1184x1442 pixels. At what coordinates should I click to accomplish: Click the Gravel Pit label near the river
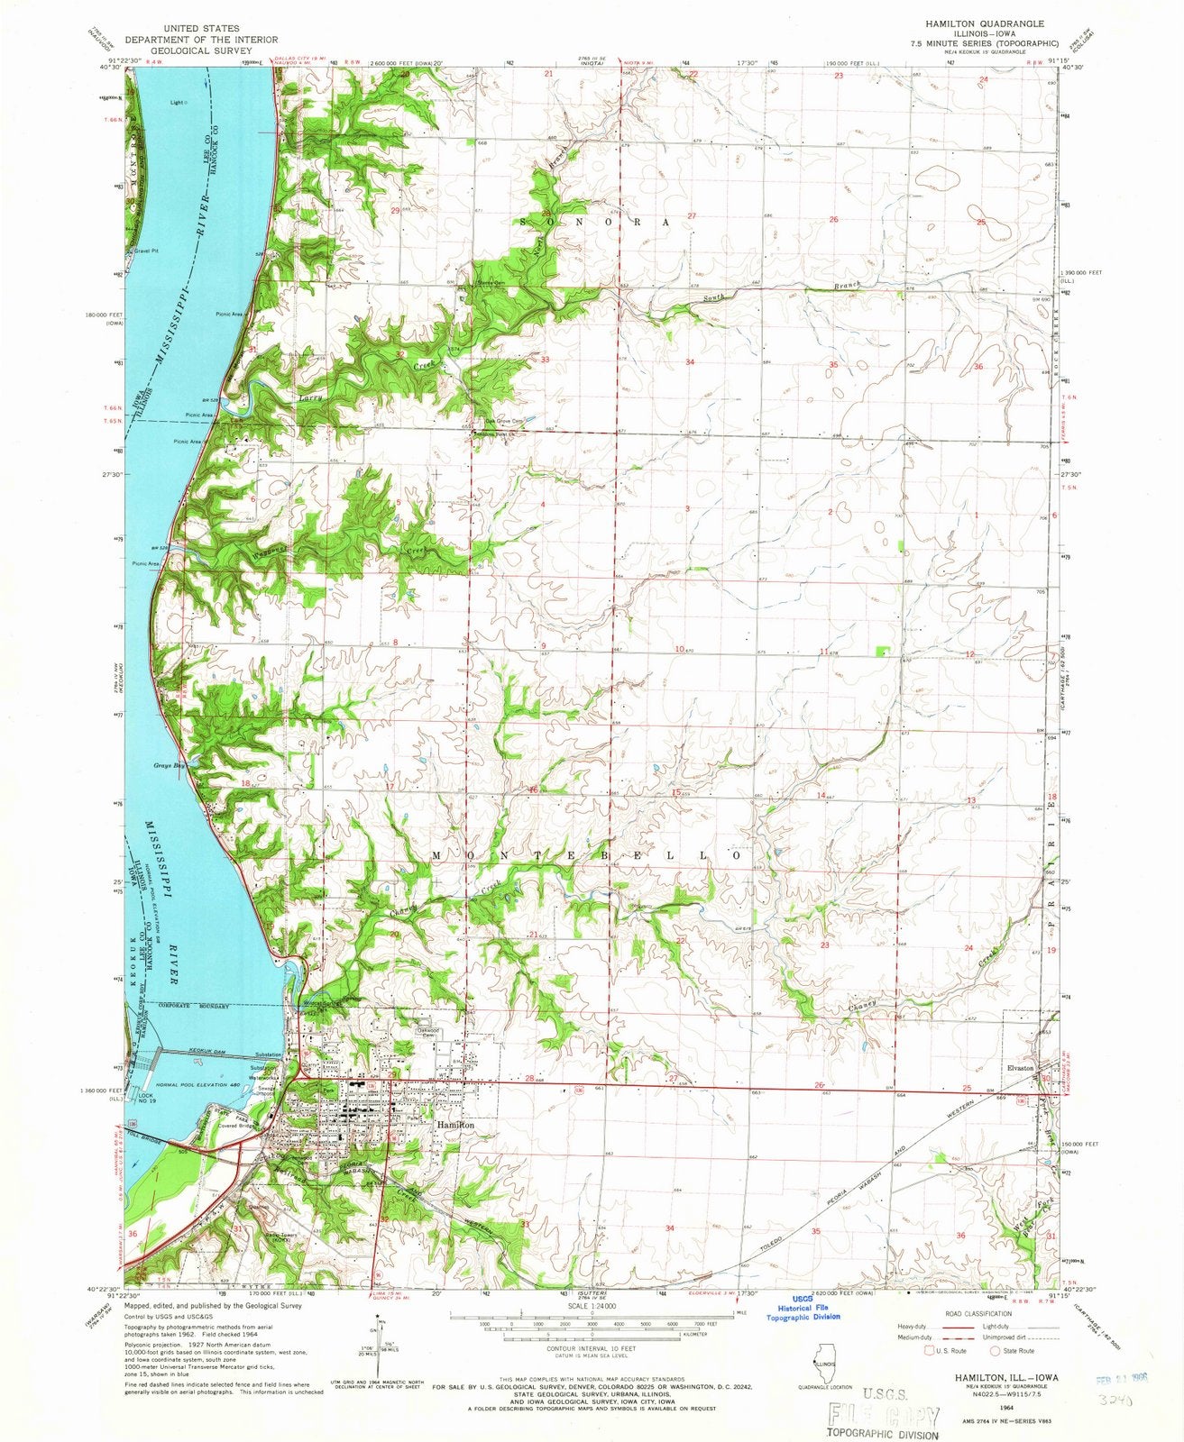(146, 251)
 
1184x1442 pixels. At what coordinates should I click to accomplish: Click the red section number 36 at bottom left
(133, 1234)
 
